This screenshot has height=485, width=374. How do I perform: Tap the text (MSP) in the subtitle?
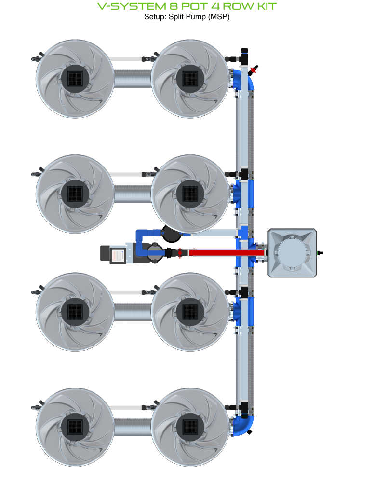[219, 17]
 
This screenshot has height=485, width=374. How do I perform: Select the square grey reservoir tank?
[292, 253]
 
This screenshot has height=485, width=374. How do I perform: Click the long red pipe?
[227, 253]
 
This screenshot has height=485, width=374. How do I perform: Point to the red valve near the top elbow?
[254, 70]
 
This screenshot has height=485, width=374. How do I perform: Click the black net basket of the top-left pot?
[75, 79]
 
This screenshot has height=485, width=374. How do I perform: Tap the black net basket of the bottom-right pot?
[190, 427]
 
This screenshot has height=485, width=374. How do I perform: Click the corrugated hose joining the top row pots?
[133, 79]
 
